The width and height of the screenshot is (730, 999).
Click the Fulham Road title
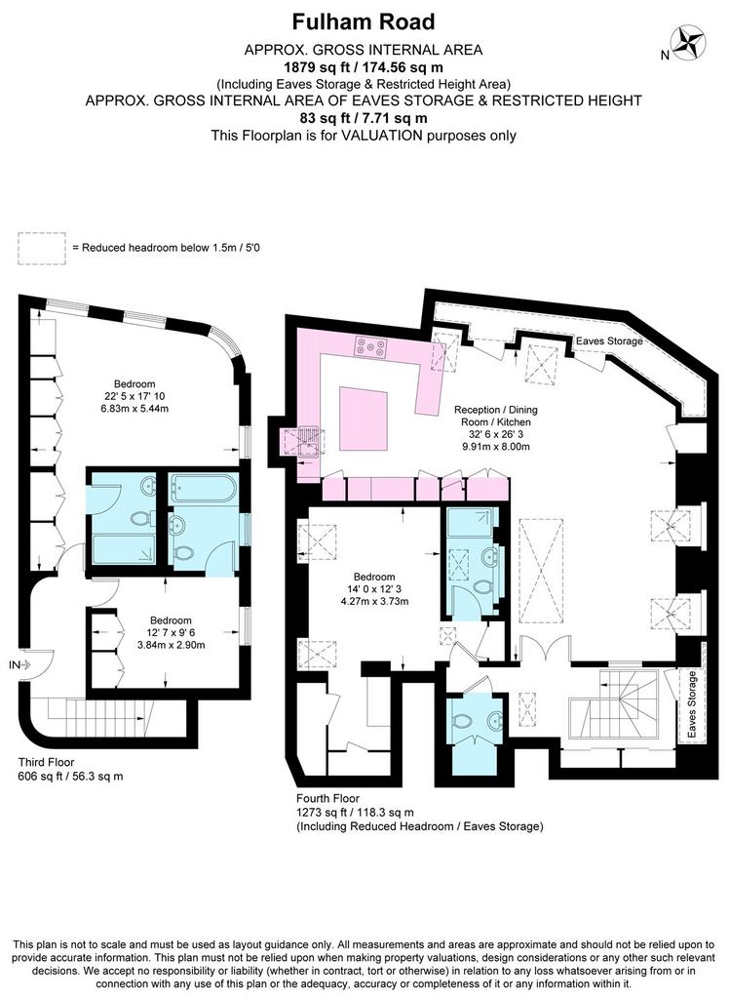364,22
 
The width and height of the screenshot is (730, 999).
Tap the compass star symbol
689,43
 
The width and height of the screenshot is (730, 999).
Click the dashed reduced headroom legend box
41,249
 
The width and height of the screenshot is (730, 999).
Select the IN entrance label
15,665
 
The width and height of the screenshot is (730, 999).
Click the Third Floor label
46,762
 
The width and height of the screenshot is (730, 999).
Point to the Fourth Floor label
327,798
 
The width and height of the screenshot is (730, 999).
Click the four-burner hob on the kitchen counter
371,346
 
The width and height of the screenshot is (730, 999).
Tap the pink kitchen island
364,419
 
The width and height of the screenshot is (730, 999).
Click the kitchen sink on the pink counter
309,442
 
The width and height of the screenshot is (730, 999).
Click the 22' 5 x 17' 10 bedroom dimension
134,396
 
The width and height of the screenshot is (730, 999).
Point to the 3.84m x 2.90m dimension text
172,645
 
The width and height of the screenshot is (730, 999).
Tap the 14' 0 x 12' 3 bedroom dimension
374,589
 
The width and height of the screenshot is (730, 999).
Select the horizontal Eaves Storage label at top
609,340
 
